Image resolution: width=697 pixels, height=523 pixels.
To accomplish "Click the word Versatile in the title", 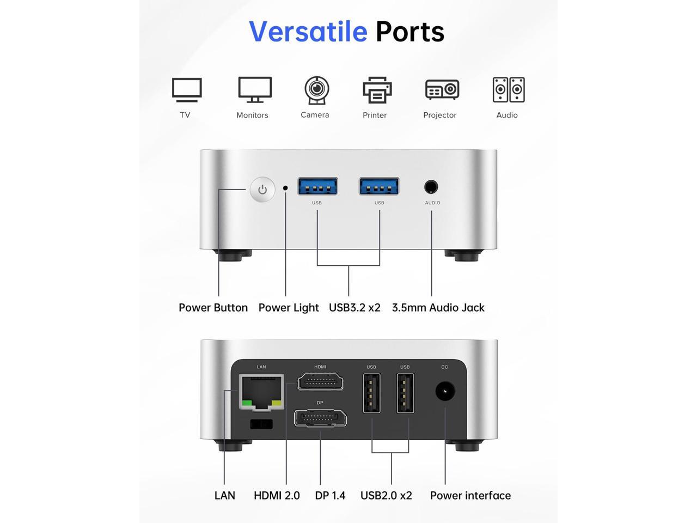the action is tap(308, 32).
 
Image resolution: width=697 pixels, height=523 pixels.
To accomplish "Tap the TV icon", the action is tap(187, 90).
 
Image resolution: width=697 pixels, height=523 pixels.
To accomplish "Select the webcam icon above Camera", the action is tap(316, 90).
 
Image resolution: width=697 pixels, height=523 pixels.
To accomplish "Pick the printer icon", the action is tap(377, 90).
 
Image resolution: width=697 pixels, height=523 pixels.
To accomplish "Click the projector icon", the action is tap(442, 90).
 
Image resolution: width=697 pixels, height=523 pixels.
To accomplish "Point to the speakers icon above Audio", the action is tap(509, 90).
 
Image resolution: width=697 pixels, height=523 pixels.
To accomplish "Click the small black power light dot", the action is tap(285, 188).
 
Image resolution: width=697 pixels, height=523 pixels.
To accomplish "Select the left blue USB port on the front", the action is tap(317, 186).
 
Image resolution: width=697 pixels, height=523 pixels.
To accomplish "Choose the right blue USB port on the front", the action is tap(379, 186).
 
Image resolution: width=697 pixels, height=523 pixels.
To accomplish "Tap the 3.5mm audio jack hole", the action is tap(431, 187).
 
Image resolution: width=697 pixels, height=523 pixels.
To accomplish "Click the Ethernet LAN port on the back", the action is tap(261, 392).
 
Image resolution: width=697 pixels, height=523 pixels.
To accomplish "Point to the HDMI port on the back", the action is tap(320, 382).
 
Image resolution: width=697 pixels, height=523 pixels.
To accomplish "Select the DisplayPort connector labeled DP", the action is tap(320, 418).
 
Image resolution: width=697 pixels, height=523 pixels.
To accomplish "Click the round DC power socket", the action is tap(445, 391).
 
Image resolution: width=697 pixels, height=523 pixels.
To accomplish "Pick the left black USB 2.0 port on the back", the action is tap(372, 393).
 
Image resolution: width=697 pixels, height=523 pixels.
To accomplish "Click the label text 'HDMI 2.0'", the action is tap(277, 495).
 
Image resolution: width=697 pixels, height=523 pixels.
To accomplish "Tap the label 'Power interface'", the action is tap(470, 495).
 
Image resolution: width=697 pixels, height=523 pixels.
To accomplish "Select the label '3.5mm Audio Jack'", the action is tap(438, 307).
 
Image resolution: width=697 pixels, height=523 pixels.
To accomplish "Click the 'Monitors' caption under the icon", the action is tap(252, 115).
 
